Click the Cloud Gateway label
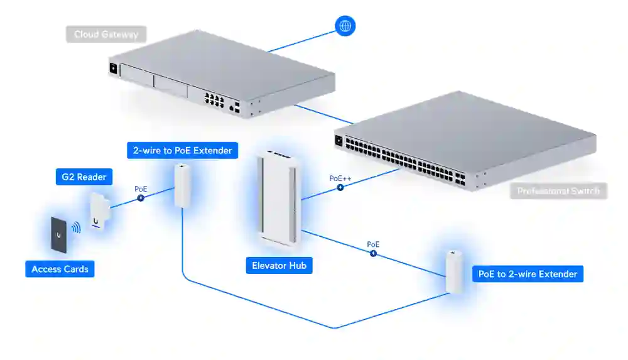(x=106, y=34)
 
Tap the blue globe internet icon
(x=345, y=26)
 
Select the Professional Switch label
(x=558, y=190)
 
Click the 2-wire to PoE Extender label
(x=183, y=150)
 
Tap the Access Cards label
(x=60, y=269)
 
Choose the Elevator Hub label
(x=279, y=266)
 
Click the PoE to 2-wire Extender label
(x=528, y=274)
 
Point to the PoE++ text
(x=340, y=178)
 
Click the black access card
(x=58, y=235)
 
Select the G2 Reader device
(x=99, y=211)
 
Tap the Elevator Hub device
(x=279, y=198)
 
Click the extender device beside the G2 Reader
(x=183, y=185)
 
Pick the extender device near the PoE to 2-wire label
(x=454, y=271)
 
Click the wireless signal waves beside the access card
(x=76, y=227)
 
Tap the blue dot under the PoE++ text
(x=340, y=187)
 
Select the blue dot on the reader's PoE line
(x=141, y=197)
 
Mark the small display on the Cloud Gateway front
(x=114, y=68)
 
